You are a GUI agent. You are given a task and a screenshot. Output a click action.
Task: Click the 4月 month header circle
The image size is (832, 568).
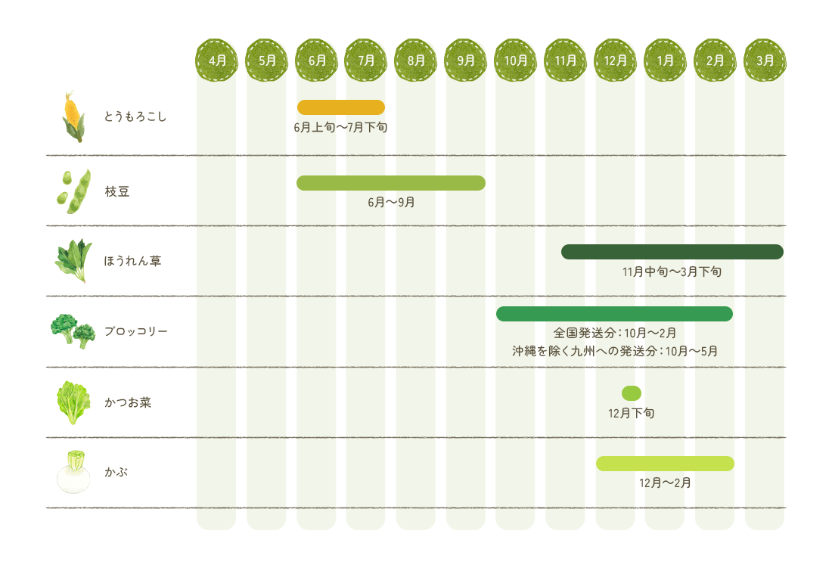[x=217, y=60]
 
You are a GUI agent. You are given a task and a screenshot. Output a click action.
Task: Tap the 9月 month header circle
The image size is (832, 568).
[x=466, y=60]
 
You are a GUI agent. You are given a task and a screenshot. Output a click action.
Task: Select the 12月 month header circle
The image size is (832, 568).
[x=616, y=60]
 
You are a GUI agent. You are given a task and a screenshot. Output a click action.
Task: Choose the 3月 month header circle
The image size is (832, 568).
[x=765, y=60]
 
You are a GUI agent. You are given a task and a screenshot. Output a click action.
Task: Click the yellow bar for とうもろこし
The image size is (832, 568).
[x=341, y=107]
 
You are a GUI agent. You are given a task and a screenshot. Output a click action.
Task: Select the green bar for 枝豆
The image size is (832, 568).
[x=391, y=183]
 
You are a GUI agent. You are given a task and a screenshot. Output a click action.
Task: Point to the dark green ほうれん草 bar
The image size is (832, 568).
[x=672, y=252]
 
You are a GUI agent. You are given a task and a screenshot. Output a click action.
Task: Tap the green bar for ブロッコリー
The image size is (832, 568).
[x=614, y=314]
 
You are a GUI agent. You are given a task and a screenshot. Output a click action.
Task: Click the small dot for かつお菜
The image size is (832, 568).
[x=632, y=393]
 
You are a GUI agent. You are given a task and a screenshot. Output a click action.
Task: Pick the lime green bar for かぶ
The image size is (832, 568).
[x=665, y=464]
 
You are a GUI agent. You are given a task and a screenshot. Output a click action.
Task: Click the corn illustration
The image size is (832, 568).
[x=73, y=117]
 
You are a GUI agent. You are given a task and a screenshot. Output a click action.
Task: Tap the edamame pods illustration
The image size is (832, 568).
[x=73, y=191]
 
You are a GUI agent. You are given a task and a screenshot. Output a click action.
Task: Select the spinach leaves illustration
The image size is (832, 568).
[x=73, y=260]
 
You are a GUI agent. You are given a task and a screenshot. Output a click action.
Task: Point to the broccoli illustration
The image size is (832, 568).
[x=73, y=331]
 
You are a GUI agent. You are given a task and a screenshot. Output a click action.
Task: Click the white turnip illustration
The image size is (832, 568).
[x=73, y=472]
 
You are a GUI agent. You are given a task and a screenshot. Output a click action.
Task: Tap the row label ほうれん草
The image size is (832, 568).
[x=132, y=262]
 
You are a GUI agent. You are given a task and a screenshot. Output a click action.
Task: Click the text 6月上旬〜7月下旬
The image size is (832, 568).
[x=341, y=128]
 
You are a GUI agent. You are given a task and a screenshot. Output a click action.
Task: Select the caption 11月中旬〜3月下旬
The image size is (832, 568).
[x=672, y=272]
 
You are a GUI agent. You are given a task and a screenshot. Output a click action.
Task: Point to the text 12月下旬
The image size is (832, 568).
[x=632, y=414]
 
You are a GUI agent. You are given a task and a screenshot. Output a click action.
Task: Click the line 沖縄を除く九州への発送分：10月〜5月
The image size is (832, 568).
[x=614, y=351]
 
